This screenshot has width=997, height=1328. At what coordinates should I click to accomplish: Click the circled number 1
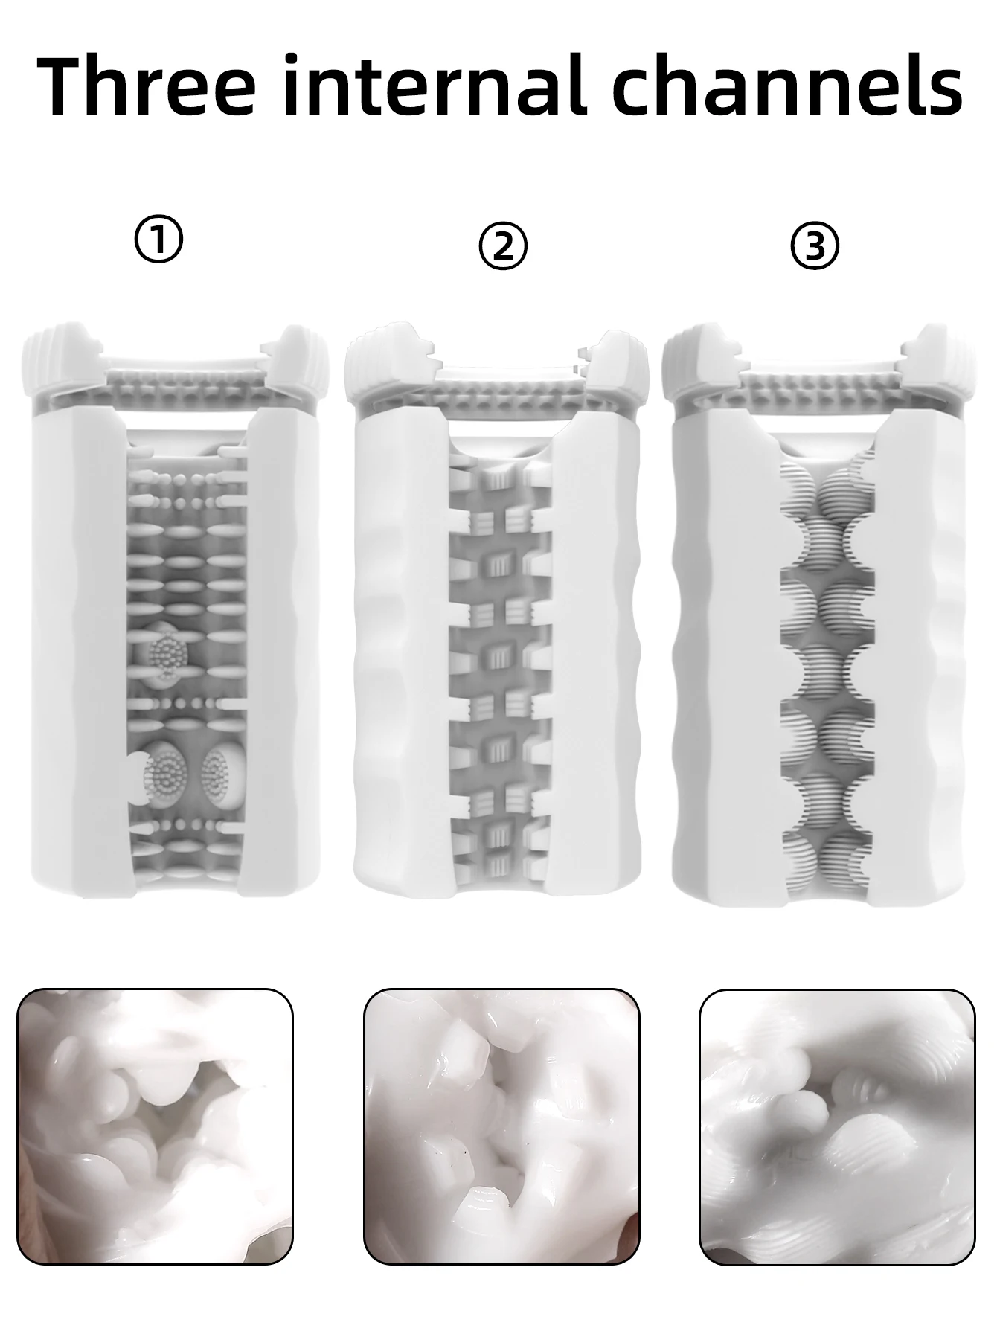click(158, 240)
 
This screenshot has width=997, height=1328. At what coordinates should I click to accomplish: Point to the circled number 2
click(503, 247)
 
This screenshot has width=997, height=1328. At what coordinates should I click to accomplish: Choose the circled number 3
click(815, 247)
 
